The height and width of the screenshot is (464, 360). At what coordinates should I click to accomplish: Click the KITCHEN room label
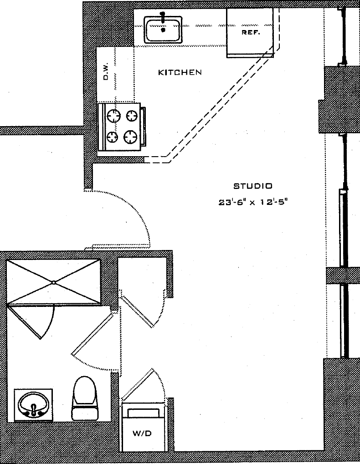[180, 72]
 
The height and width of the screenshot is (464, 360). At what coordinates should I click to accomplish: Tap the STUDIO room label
[253, 186]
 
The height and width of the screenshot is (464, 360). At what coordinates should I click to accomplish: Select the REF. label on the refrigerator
[251, 33]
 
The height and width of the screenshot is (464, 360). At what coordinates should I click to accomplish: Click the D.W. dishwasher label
[106, 72]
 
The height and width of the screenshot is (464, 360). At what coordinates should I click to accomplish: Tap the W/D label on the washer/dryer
[142, 434]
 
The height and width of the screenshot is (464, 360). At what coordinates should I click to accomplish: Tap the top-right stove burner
[133, 116]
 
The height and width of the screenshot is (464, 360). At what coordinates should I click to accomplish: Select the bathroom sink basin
[33, 403]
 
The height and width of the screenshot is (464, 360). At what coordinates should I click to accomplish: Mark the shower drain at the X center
[54, 282]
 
